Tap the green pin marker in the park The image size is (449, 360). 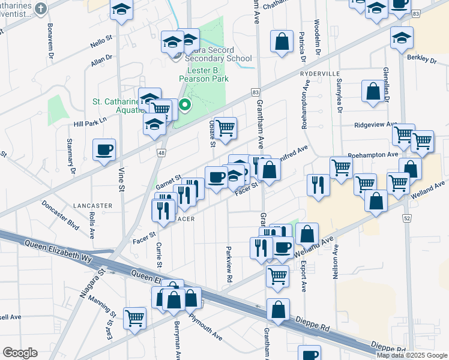(185, 106)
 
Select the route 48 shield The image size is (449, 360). (161, 153)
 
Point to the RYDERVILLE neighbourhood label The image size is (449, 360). (320, 73)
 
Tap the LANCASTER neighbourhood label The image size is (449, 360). (92, 205)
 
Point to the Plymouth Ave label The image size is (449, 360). (205, 326)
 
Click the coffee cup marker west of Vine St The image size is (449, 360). (104, 149)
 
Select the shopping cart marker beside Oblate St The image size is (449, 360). (225, 128)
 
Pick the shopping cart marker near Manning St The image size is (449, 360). (134, 317)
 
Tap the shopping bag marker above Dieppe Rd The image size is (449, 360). (278, 310)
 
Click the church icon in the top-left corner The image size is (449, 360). (40, 8)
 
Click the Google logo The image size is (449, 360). (20, 353)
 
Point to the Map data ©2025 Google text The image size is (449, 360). (412, 355)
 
